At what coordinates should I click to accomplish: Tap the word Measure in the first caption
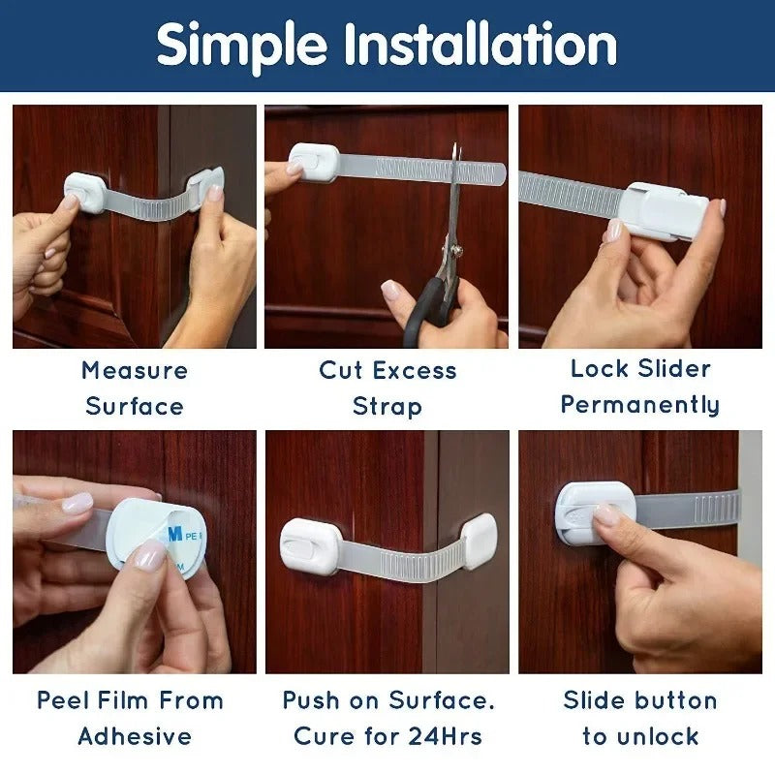click(135, 370)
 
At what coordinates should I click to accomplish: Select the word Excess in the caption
click(417, 370)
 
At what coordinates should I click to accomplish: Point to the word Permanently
click(640, 404)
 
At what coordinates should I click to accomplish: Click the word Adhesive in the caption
click(135, 736)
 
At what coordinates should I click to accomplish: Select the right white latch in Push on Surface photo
click(480, 541)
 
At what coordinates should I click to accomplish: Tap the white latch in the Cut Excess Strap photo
click(314, 163)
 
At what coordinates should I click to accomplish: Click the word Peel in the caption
click(63, 700)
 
